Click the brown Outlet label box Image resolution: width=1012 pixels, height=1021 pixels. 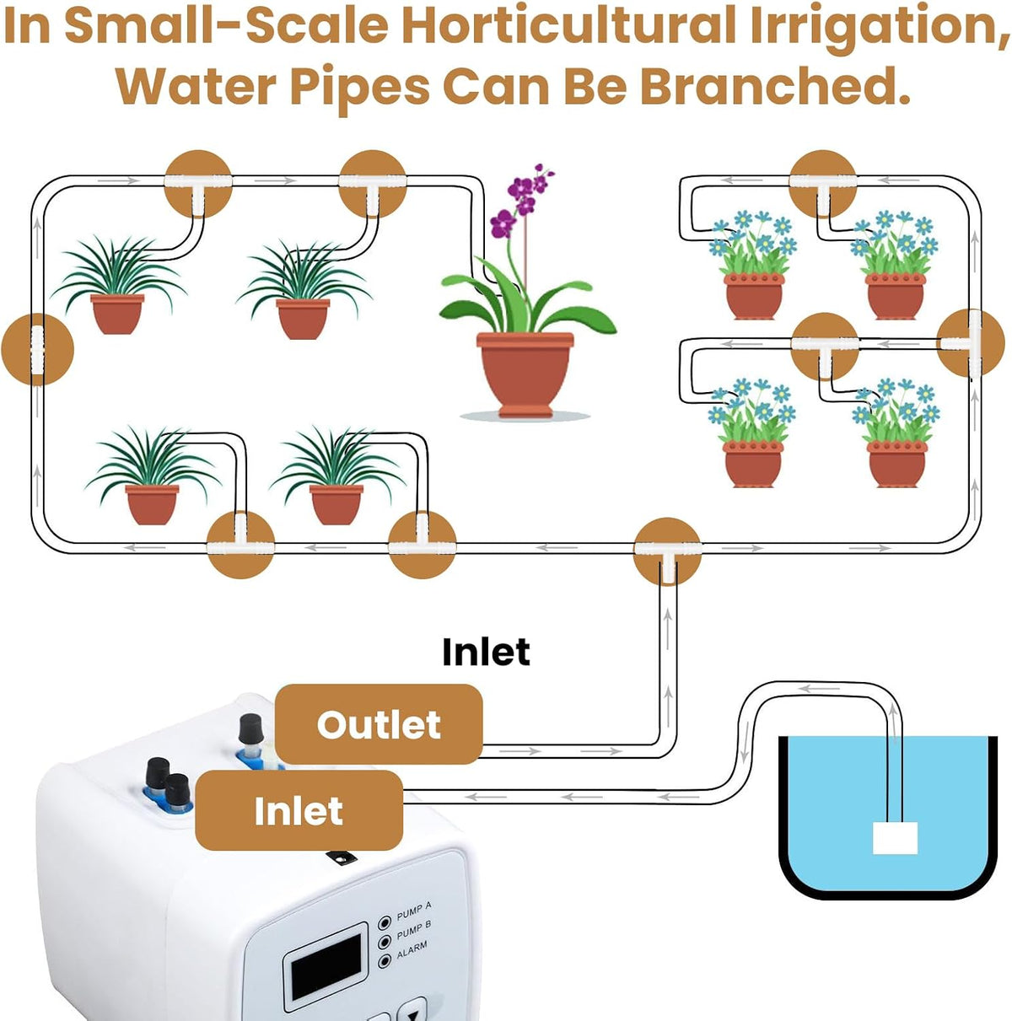click(379, 723)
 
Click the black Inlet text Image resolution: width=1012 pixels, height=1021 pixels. click(486, 652)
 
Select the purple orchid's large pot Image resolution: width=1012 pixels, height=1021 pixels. click(525, 373)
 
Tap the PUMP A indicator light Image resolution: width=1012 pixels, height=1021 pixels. click(385, 922)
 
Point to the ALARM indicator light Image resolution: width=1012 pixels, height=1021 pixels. click(385, 960)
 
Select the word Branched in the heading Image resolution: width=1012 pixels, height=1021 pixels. click(774, 86)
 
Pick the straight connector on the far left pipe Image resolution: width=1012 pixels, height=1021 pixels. click(37, 349)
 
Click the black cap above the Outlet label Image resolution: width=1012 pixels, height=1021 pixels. click(252, 729)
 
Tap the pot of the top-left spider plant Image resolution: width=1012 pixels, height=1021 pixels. click(117, 314)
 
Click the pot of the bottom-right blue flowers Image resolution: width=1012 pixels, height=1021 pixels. click(897, 465)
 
